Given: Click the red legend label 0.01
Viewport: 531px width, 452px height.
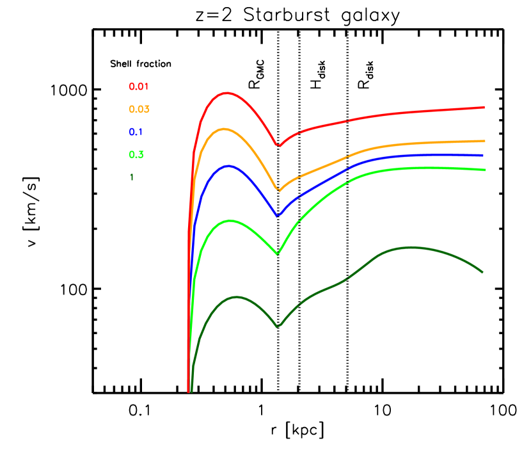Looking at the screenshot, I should click(x=139, y=87).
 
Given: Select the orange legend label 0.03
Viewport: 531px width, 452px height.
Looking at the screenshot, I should click(x=139, y=109).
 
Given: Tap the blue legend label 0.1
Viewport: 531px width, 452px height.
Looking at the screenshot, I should click(x=136, y=133).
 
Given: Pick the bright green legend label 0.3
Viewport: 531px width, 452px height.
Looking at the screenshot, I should click(x=136, y=155).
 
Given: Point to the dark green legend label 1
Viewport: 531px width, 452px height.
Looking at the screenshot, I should click(x=132, y=177).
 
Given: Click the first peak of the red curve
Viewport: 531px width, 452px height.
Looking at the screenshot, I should click(x=226, y=93).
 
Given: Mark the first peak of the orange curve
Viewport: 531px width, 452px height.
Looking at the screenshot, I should click(x=223, y=129).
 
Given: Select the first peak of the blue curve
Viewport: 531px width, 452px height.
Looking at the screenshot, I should click(x=226, y=166).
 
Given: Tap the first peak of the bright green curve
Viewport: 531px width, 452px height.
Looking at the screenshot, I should click(x=230, y=221).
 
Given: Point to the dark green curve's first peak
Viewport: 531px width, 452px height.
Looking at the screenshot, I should click(x=236, y=297).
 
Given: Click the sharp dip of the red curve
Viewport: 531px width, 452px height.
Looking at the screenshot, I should click(x=278, y=145).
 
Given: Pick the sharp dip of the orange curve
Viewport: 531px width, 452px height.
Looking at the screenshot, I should click(x=278, y=190).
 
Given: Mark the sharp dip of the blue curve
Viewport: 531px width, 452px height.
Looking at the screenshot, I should click(x=278, y=216).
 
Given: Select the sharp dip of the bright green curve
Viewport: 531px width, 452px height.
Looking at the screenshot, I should click(x=278, y=254).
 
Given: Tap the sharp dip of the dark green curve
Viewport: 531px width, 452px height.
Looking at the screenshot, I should click(x=278, y=327).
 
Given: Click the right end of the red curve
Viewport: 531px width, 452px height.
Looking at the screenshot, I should click(x=483, y=108).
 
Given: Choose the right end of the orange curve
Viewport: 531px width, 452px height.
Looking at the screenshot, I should click(x=484, y=141).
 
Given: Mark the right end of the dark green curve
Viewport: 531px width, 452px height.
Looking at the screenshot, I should click(x=481, y=271).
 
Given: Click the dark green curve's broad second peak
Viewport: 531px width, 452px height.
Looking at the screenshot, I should click(x=408, y=247).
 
